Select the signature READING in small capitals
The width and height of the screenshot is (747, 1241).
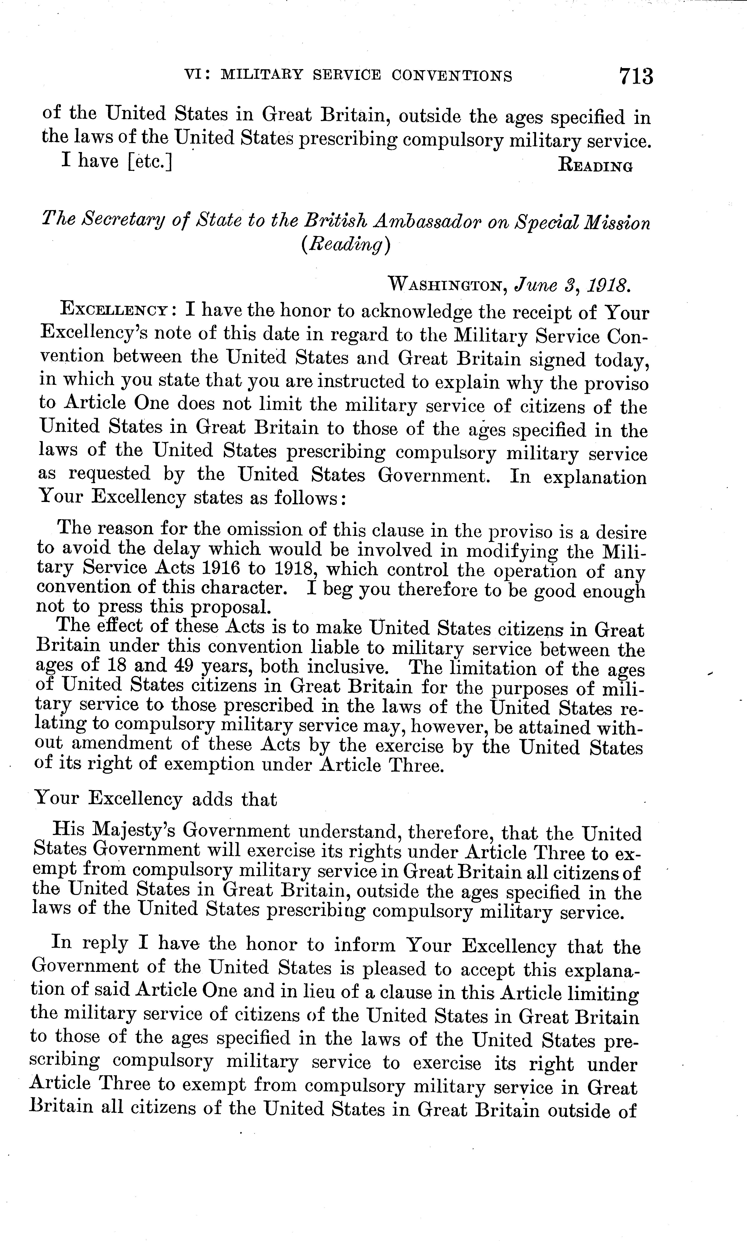(596, 166)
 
